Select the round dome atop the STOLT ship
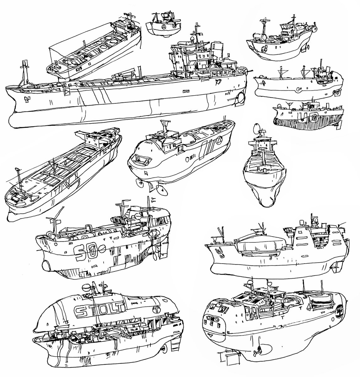86,287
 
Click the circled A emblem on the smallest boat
164,28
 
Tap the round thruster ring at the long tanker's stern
241,98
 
